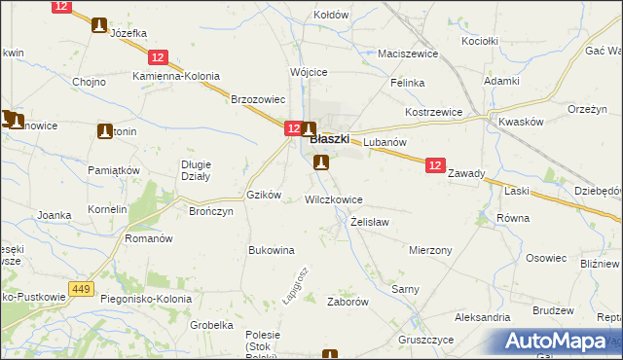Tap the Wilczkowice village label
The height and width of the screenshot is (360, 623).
(334, 199)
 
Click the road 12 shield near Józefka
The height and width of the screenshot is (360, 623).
(61, 7)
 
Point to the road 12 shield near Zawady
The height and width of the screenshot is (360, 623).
(435, 167)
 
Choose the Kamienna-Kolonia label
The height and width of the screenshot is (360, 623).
(177, 76)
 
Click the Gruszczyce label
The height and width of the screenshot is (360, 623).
(425, 341)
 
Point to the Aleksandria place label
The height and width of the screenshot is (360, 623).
(482, 317)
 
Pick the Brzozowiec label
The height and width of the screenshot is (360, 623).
(257, 99)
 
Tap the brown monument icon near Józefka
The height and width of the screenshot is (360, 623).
(99, 25)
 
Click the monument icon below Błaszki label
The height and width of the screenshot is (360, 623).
(321, 162)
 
